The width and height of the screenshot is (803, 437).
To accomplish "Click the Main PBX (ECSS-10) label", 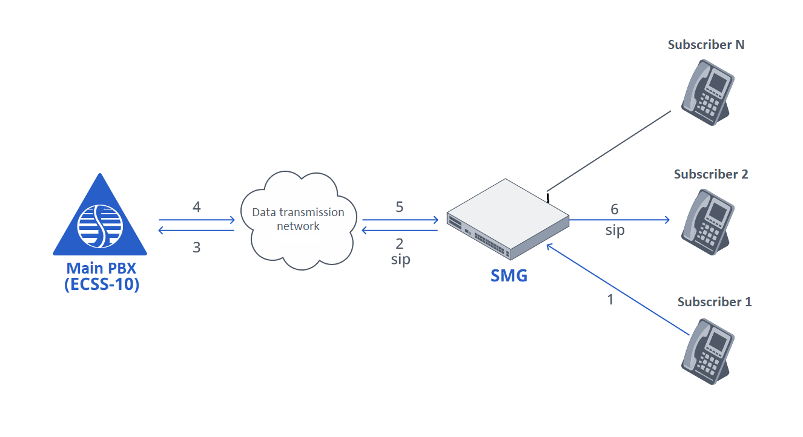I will pyautogui.click(x=102, y=277).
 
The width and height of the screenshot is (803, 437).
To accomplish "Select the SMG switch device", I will pyautogui.click(x=507, y=220).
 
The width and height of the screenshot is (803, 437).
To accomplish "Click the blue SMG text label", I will pyautogui.click(x=509, y=276).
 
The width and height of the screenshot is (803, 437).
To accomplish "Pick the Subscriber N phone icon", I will pyautogui.click(x=707, y=91).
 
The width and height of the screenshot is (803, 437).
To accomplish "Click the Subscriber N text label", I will pyautogui.click(x=706, y=45).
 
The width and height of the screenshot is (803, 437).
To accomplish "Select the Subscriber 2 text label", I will pyautogui.click(x=711, y=174).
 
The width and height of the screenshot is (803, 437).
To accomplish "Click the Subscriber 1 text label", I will pyautogui.click(x=715, y=302).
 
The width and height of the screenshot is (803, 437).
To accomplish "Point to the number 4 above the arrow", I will pyautogui.click(x=196, y=208).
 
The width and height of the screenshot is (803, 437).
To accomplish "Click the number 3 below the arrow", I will pyautogui.click(x=196, y=248).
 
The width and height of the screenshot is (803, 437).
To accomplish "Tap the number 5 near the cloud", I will pyautogui.click(x=399, y=208).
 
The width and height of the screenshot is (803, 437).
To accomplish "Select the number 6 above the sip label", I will pyautogui.click(x=614, y=209).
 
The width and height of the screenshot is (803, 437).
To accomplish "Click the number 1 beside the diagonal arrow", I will pyautogui.click(x=610, y=299).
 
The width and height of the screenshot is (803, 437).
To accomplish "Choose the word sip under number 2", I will pyautogui.click(x=400, y=260).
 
